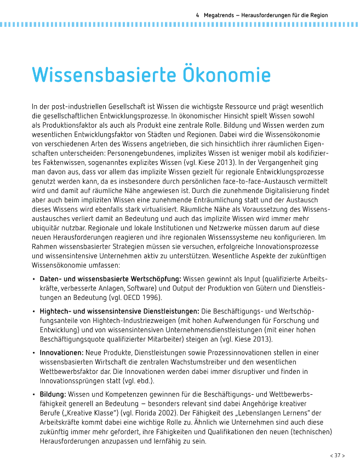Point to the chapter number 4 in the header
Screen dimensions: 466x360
[197, 15]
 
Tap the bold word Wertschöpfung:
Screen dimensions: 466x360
[155, 279]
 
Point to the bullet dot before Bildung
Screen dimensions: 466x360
[34, 395]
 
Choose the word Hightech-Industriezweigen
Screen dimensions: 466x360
[124, 321]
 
